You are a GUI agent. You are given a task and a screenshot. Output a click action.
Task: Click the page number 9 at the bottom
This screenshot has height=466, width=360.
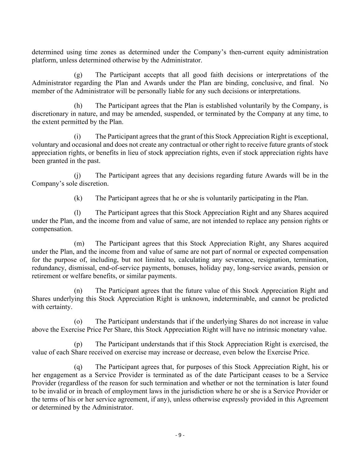(x=180, y=435)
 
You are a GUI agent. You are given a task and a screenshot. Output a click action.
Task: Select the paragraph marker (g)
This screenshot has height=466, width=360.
(x=78, y=75)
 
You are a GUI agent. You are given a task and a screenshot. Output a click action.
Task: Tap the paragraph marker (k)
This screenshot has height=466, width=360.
(x=78, y=198)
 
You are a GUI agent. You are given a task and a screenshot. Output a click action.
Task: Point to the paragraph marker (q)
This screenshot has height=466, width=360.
(x=78, y=367)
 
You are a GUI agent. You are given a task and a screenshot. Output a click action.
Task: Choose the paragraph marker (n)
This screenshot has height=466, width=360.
(x=78, y=291)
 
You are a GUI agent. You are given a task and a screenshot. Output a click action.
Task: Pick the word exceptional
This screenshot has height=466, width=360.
(x=312, y=137)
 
